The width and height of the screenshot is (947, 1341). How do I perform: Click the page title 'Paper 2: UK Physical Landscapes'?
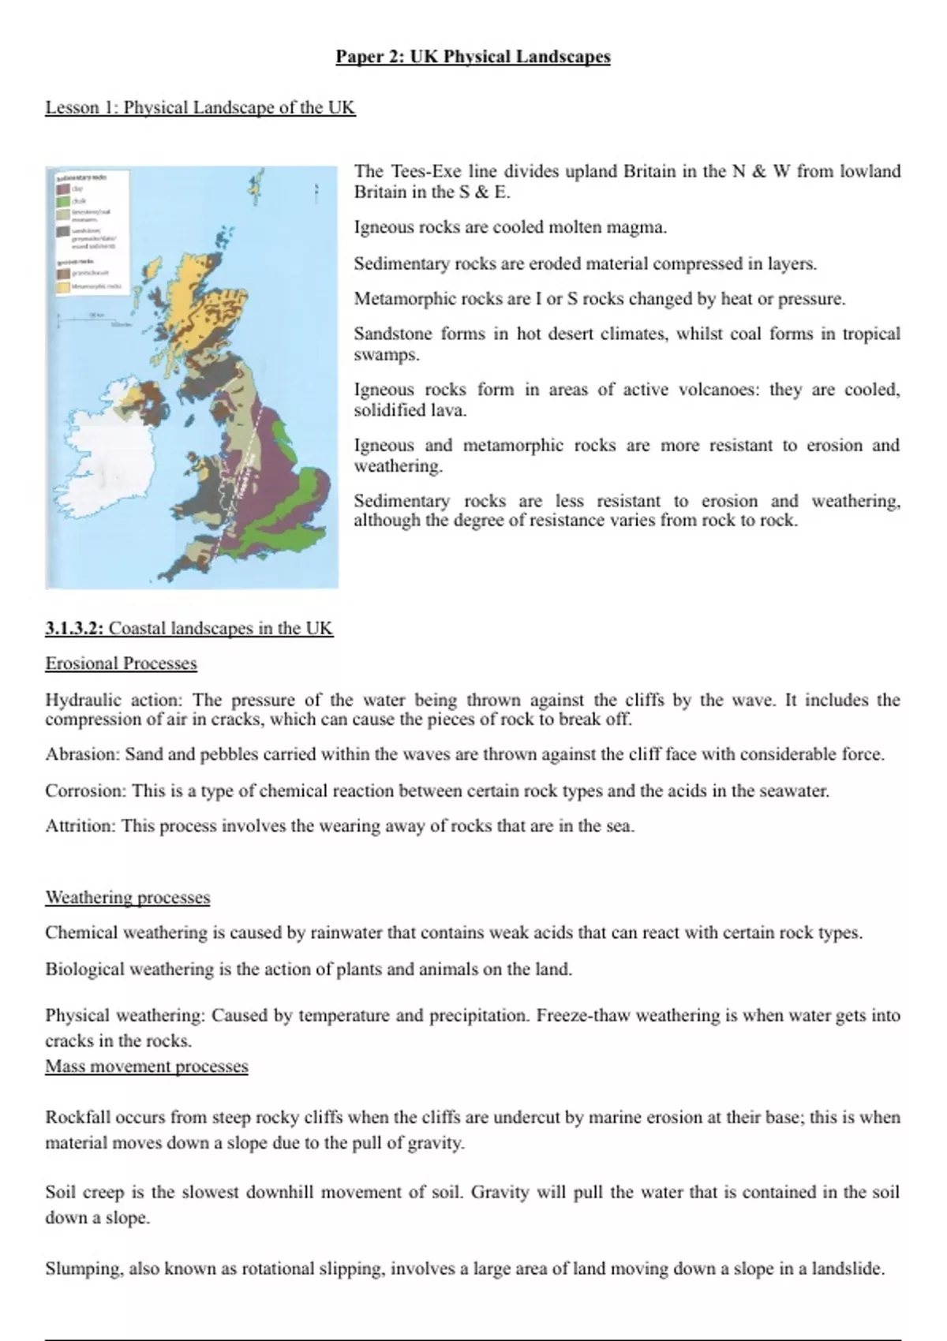coord(473,57)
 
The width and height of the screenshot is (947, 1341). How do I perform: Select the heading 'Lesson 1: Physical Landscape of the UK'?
coord(200,107)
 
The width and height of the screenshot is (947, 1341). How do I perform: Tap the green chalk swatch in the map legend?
coord(63,202)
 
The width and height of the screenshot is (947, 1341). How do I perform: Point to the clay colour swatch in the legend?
coord(63,189)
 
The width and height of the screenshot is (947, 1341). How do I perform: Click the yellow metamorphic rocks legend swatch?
coord(63,287)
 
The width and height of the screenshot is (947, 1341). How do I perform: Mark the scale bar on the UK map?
coord(87,319)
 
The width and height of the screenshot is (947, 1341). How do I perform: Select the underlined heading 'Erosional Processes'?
coord(121,663)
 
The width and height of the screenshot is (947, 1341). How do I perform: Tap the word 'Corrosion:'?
coord(85,790)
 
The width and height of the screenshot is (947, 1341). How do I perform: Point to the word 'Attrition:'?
coord(80,827)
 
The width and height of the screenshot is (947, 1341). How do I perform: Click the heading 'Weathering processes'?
coord(128,898)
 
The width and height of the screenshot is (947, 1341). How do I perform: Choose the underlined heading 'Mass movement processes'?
coord(147,1066)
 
